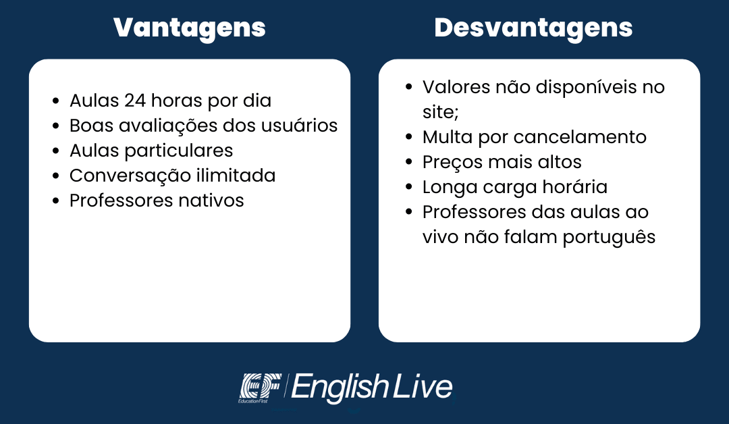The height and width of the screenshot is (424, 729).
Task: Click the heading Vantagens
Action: (189, 28)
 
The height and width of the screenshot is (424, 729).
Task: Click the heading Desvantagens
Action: (533, 28)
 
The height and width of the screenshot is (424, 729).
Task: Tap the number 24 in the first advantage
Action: (135, 101)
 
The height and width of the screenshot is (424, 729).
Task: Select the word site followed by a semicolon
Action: (440, 112)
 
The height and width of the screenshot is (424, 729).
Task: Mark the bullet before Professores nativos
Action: (56, 201)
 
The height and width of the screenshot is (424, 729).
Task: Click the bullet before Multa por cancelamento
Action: (408, 137)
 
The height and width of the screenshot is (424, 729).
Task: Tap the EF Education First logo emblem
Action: (261, 388)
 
